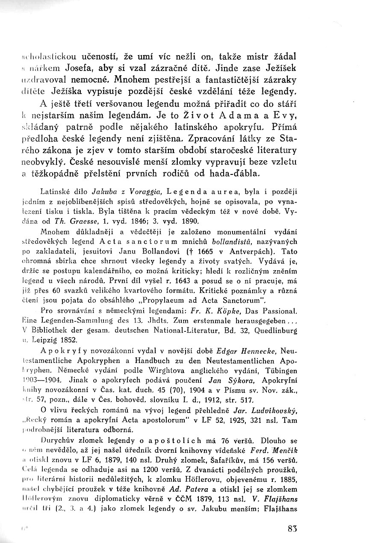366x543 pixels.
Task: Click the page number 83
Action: click(292, 528)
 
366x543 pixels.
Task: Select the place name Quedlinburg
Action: click(276, 331)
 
